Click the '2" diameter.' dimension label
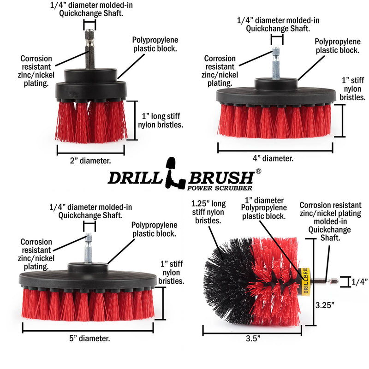90,161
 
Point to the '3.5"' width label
252,338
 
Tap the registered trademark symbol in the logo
258,171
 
